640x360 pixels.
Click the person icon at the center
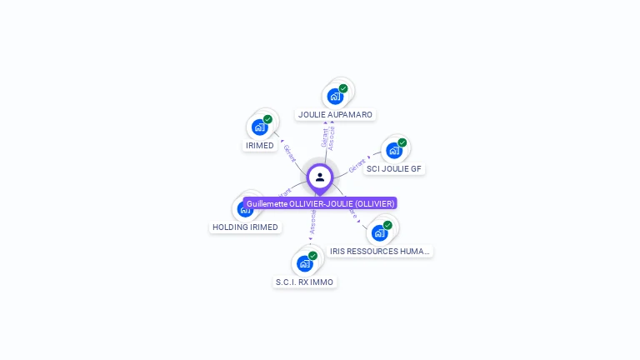click(x=320, y=177)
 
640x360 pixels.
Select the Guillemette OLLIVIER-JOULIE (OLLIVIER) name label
click(x=320, y=203)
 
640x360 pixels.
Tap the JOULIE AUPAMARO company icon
click(x=335, y=96)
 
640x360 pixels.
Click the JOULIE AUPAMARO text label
click(x=336, y=114)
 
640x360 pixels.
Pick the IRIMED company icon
click(x=259, y=127)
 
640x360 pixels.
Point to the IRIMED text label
click(x=259, y=146)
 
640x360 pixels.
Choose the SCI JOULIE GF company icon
click(x=393, y=151)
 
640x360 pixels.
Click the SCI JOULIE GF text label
click(x=394, y=168)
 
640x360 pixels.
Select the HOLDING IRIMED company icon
click(x=245, y=208)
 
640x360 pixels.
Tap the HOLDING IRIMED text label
click(x=246, y=227)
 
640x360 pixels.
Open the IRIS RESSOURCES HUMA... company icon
click(x=379, y=232)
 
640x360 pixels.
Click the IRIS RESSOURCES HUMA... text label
click(x=380, y=251)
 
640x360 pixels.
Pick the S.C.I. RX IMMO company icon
click(x=304, y=263)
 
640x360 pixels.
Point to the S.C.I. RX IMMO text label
click(x=304, y=282)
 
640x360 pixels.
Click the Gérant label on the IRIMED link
click(x=289, y=152)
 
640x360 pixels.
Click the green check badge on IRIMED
click(x=267, y=119)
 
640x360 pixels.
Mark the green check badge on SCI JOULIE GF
click(x=402, y=142)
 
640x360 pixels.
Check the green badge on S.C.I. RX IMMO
click(x=312, y=256)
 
